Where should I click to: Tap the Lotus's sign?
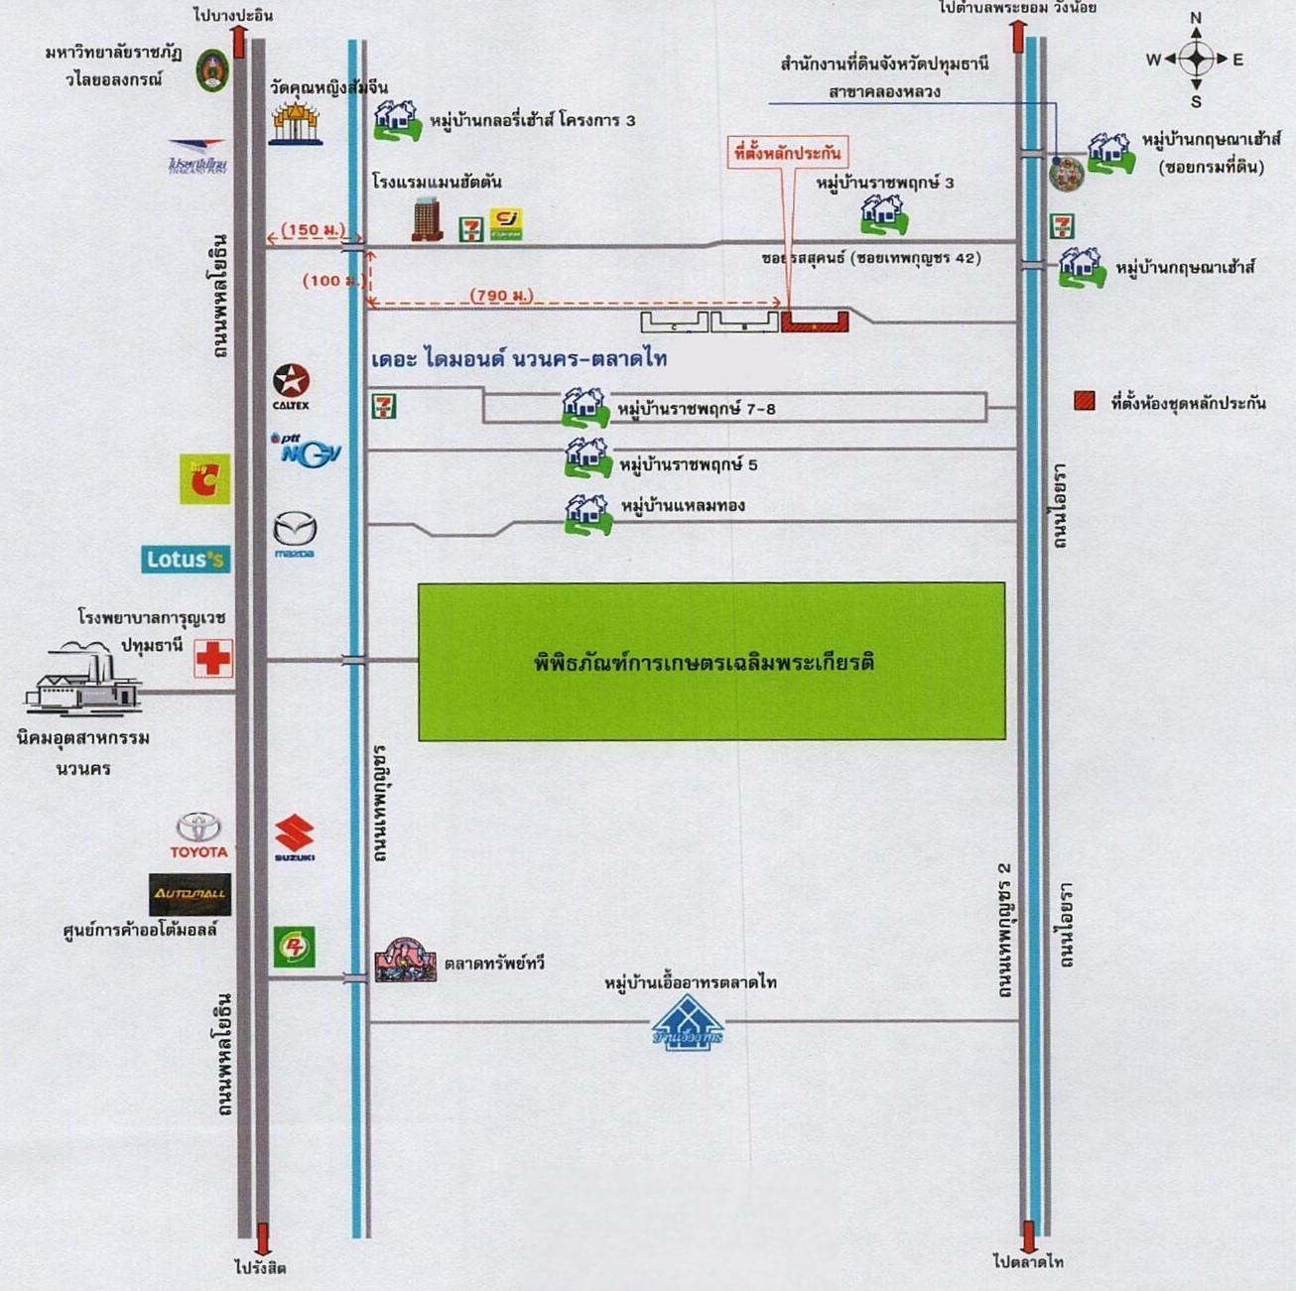coord(185,560)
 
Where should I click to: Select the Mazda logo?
coord(295,532)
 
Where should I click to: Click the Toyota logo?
coord(198,834)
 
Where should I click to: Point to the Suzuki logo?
coord(295,837)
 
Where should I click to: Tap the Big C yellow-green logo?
coord(204,479)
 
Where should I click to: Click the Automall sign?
coord(190,894)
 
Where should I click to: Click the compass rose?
coord(1196,59)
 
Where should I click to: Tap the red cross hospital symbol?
coord(212,658)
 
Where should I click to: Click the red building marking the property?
coord(814,322)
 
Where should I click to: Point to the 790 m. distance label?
coord(501,295)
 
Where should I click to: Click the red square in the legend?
coord(1085,401)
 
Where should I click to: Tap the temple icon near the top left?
coord(296,124)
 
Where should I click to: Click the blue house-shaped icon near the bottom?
coord(687,1022)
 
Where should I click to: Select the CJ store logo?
coord(506,224)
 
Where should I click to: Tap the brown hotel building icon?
coord(428,219)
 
